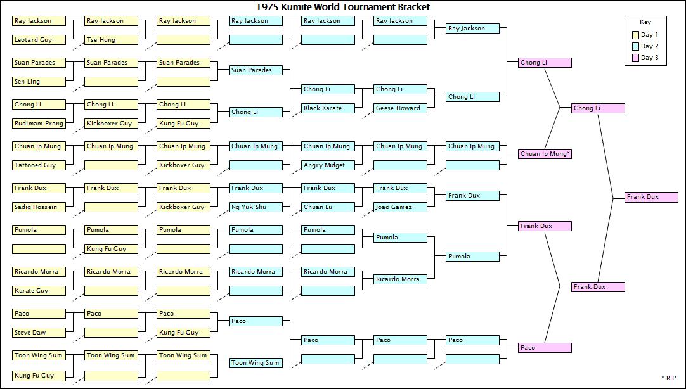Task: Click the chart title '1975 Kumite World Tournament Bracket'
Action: pos(343,7)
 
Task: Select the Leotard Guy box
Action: pos(39,40)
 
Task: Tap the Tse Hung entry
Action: pos(111,40)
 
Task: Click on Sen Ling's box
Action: pos(39,82)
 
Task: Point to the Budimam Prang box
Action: pos(39,124)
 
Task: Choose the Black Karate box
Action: pos(328,108)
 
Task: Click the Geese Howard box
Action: pos(400,108)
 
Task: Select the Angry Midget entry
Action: pos(328,165)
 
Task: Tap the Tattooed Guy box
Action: pos(39,165)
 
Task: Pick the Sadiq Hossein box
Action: pos(39,207)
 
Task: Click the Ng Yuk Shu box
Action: pos(256,207)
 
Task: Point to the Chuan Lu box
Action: pos(328,207)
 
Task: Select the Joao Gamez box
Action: pos(400,207)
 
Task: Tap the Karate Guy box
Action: pos(39,291)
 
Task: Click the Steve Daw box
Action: pos(39,333)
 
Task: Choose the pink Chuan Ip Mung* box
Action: pos(545,154)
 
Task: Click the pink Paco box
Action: pos(545,348)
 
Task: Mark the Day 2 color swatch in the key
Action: pos(635,46)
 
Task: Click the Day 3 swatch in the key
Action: pos(635,58)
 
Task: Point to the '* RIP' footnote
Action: pos(668,378)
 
